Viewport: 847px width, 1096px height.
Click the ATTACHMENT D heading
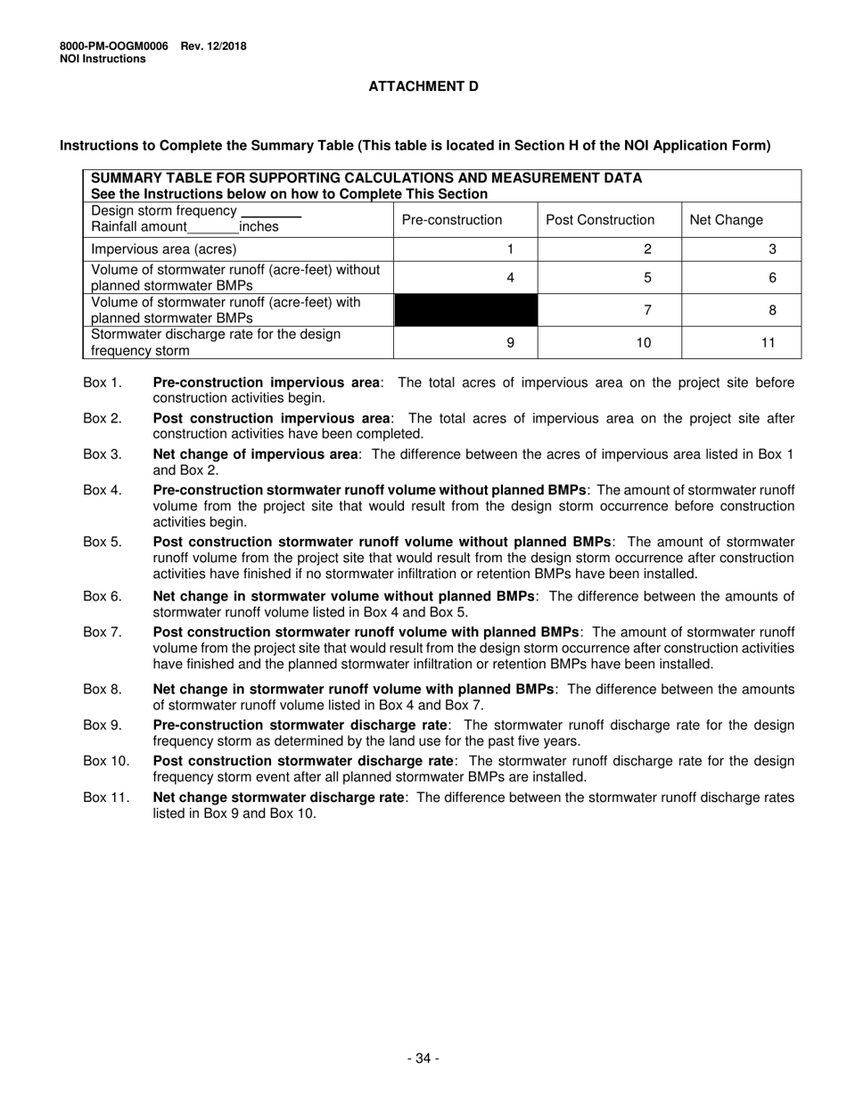pyautogui.click(x=423, y=86)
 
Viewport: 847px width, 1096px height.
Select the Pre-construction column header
pyautogui.click(x=452, y=220)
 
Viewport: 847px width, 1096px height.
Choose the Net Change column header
pyautogui.click(x=727, y=220)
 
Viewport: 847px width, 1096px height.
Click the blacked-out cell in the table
pyautogui.click(x=465, y=310)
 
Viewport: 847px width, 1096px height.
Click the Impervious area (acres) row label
pyautogui.click(x=165, y=249)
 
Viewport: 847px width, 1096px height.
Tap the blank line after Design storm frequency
pyautogui.click(x=271, y=212)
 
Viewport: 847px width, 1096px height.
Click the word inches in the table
pyautogui.click(x=259, y=227)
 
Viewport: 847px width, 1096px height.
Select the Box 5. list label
pyautogui.click(x=103, y=542)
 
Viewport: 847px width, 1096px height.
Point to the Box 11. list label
pyautogui.click(x=106, y=797)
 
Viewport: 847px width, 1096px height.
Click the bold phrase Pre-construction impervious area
pyautogui.click(x=267, y=382)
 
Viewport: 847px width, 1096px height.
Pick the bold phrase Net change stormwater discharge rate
pyautogui.click(x=279, y=797)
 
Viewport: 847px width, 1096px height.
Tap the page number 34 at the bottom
pyautogui.click(x=423, y=1059)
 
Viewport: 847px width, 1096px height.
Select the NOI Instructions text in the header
pyautogui.click(x=103, y=59)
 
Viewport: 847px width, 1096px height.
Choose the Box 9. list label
pyautogui.click(x=103, y=725)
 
